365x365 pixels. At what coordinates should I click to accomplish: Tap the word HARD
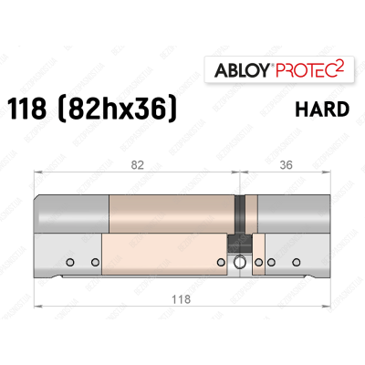(323, 109)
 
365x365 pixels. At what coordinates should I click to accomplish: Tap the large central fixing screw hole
(239, 264)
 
